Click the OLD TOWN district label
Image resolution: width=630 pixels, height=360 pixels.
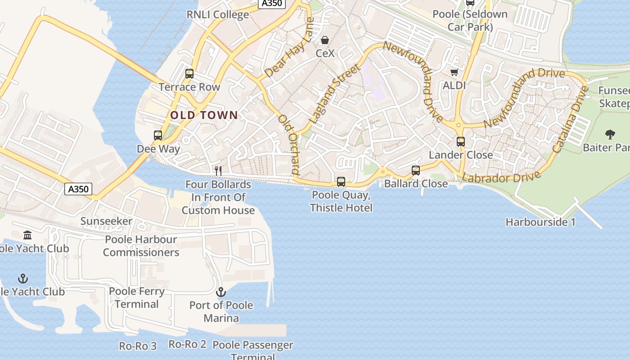click(x=204, y=115)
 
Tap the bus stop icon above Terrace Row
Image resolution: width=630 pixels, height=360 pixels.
click(x=189, y=74)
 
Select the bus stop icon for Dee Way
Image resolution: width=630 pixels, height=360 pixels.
click(x=158, y=135)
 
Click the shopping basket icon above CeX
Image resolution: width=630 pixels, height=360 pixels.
click(x=325, y=40)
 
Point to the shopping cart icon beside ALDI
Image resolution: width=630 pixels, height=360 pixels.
click(x=454, y=72)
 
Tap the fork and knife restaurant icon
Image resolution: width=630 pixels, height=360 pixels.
click(x=218, y=171)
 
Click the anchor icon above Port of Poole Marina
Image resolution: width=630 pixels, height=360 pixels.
click(x=220, y=292)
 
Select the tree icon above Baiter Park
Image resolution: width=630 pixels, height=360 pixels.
click(x=610, y=134)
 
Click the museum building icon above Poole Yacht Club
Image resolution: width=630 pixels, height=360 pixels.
click(x=27, y=235)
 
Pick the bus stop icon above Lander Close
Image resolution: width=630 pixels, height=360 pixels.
click(x=460, y=142)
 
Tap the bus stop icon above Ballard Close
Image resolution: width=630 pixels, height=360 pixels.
click(x=416, y=171)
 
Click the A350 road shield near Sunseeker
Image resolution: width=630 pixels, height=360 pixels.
click(x=79, y=189)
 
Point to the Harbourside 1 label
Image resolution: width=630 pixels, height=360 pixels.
click(x=540, y=222)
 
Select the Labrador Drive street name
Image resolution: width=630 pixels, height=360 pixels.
click(x=501, y=177)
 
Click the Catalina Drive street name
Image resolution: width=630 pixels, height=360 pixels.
click(x=571, y=119)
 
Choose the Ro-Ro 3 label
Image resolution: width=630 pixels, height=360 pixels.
click(x=138, y=346)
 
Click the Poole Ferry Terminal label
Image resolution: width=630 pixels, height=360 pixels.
click(x=137, y=297)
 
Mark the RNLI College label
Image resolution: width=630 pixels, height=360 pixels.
click(x=218, y=14)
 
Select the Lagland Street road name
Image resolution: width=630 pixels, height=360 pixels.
click(x=335, y=94)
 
